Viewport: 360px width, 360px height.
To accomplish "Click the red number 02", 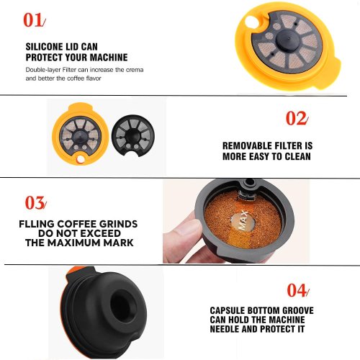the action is pyautogui.click(x=296, y=118).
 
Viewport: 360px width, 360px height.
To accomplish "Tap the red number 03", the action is pyautogui.click(x=35, y=203).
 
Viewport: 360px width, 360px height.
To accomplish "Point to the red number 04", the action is pyautogui.click(x=297, y=290).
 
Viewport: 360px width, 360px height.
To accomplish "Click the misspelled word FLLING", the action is pyautogui.click(x=37, y=224).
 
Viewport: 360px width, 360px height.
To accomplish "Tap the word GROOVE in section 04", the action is pyautogui.click(x=298, y=310).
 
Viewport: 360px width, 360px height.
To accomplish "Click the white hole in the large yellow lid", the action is pyautogui.click(x=251, y=22).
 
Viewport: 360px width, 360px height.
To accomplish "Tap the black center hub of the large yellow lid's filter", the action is pyautogui.click(x=287, y=39).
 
